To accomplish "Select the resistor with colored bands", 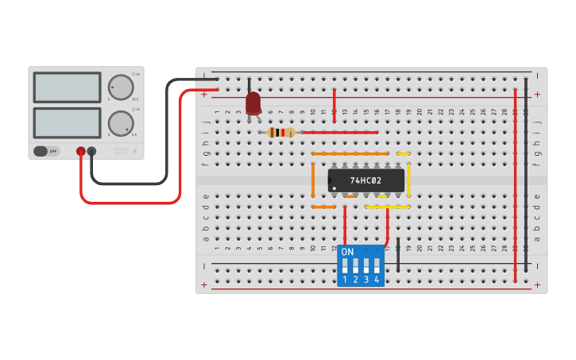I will [x=280, y=132].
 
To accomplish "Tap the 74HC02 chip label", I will [x=365, y=180].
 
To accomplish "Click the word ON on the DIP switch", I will [x=347, y=252].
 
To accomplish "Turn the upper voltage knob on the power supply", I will [x=120, y=87].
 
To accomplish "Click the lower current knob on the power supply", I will [x=120, y=123].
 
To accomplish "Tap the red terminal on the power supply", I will [x=81, y=151].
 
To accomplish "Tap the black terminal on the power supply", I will [x=91, y=151].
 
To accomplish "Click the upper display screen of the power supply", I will [x=67, y=87].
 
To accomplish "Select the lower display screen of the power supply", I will [x=67, y=122].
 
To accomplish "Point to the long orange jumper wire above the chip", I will [x=350, y=153].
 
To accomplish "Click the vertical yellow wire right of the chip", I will [x=409, y=180].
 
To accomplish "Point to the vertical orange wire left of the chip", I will [x=313, y=180].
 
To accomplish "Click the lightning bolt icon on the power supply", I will [x=134, y=150].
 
